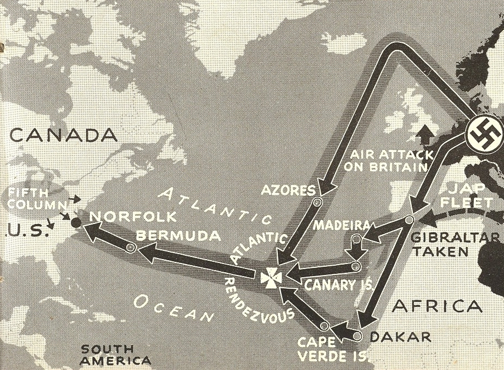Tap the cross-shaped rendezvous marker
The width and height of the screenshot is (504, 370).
tap(270, 277)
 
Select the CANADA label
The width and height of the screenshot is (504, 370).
tap(64, 135)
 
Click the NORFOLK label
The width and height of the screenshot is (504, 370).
tap(133, 216)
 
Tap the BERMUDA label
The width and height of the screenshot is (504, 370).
tap(178, 236)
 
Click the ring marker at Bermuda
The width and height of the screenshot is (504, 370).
tap(131, 248)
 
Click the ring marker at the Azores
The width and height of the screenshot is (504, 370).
tap(317, 203)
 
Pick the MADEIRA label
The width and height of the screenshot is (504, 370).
tap(341, 226)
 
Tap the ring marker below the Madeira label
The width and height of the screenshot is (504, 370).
tap(356, 239)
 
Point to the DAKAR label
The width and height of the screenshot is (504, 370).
tap(400, 337)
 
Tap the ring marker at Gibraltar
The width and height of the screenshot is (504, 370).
tap(408, 220)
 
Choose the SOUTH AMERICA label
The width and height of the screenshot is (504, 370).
tap(115, 355)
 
